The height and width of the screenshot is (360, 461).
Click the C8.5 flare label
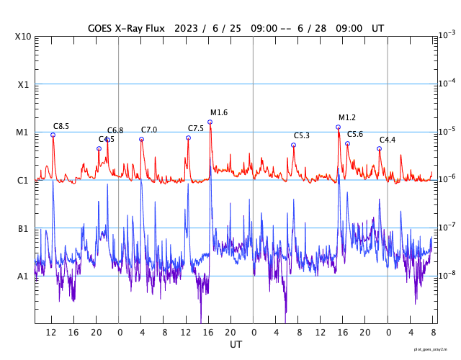(61, 127)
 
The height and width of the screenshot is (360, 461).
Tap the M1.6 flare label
(219, 113)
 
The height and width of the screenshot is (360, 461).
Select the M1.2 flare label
(347, 118)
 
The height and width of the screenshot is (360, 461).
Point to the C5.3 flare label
(302, 136)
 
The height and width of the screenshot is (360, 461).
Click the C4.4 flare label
(388, 140)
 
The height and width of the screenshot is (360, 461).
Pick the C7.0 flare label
(149, 130)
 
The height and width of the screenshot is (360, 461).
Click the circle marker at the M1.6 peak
(210, 122)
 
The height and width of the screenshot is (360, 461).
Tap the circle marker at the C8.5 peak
(53, 135)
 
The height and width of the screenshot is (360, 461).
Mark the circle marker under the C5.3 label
(293, 145)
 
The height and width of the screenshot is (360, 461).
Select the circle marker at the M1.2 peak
(338, 127)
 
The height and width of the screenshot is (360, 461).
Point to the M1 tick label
(22, 132)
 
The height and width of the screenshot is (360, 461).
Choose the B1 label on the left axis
(22, 229)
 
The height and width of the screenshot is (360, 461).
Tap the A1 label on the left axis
(22, 276)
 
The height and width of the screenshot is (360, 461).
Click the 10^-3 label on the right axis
(447, 35)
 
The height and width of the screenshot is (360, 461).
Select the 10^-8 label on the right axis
(447, 275)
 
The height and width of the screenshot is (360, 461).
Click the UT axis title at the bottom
(236, 345)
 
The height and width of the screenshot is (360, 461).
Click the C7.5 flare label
(196, 129)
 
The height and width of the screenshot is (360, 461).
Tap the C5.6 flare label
(355, 135)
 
